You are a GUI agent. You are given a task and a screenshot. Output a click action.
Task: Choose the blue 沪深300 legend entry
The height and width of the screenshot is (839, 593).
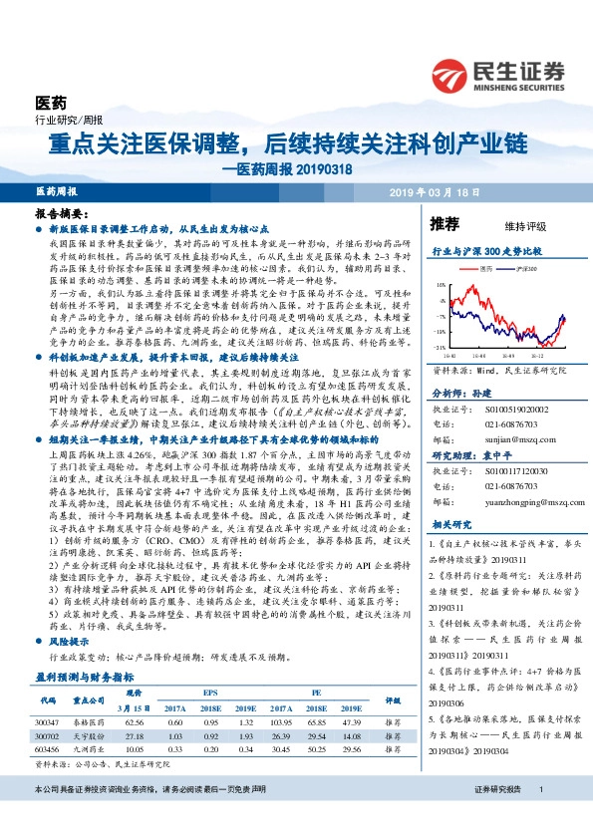click(525, 269)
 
